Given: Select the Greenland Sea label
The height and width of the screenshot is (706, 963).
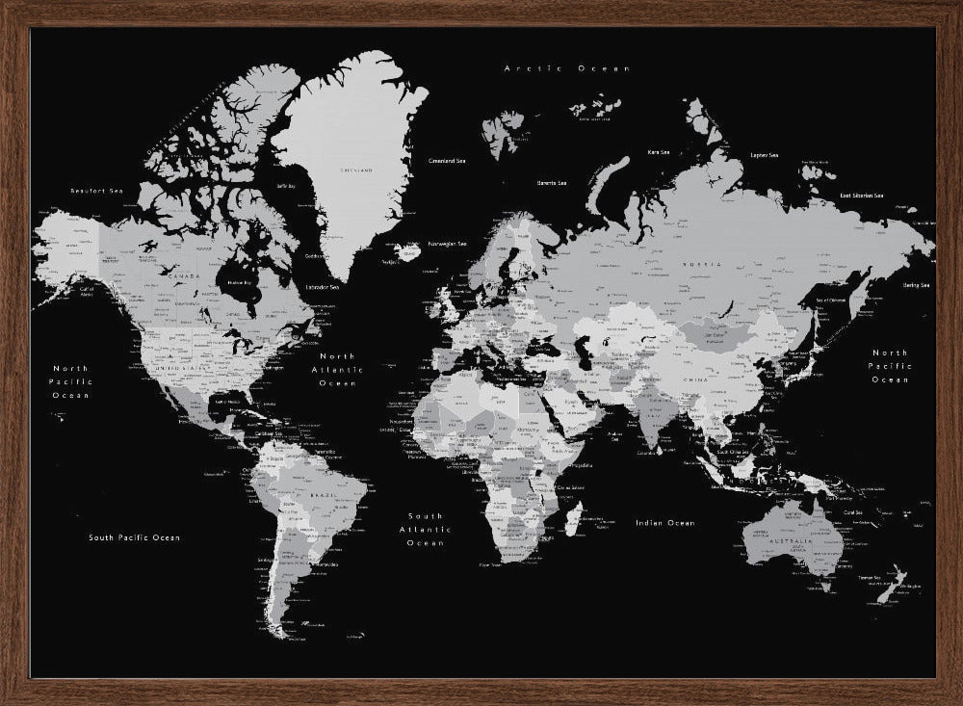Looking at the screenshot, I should pos(447,161).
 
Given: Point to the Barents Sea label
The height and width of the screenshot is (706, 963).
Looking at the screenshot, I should pos(552,182).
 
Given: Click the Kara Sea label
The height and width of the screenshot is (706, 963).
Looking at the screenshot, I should pos(659,152).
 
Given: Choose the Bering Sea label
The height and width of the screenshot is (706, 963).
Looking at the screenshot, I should pos(916,285).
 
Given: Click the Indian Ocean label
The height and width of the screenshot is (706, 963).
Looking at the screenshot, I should pos(664,523).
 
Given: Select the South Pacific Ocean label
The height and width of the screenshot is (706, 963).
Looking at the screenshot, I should pos(134,537).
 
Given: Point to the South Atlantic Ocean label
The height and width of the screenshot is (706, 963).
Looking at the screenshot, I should pos(425,530).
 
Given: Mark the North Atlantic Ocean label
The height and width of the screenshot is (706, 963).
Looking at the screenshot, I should pos(337,370).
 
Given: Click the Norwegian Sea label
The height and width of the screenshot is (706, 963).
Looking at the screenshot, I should pos(447,244).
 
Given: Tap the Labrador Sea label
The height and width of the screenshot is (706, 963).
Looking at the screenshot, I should pos(322,286).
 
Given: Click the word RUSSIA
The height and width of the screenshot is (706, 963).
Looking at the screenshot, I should pos(695,263).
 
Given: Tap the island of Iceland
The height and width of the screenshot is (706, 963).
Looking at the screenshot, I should pos(408,253).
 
